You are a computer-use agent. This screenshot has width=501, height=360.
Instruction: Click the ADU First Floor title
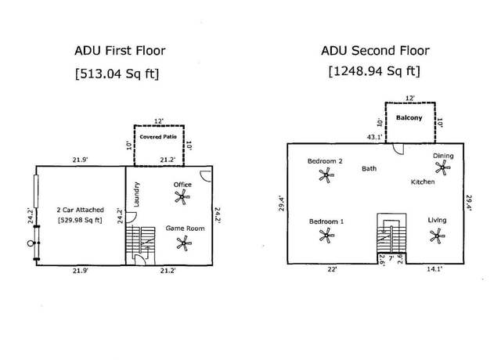[x=120, y=50]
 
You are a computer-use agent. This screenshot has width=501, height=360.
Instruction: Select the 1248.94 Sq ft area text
[x=374, y=70]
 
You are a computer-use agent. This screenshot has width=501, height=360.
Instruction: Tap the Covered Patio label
[x=158, y=137]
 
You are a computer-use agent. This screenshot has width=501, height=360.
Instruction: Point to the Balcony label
[x=409, y=117]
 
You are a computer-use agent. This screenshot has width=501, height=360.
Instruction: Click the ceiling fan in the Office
[x=182, y=196]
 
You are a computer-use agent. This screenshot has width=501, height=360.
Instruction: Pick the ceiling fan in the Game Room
[x=184, y=243]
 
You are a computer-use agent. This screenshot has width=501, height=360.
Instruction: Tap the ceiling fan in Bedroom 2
[x=326, y=175]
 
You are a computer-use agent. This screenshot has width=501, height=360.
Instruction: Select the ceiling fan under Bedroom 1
[x=326, y=236]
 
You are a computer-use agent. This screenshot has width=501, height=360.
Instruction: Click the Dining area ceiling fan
[x=442, y=167]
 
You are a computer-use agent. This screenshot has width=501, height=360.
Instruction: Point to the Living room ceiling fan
[x=437, y=236]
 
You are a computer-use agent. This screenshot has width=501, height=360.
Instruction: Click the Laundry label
[x=136, y=194]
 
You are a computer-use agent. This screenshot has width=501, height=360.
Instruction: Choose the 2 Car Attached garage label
[x=80, y=210]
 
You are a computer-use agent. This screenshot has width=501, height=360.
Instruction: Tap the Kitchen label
[x=423, y=182]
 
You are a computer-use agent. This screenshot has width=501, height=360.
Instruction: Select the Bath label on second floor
[x=369, y=169]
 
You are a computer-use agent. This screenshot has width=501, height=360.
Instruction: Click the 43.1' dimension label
[x=374, y=137]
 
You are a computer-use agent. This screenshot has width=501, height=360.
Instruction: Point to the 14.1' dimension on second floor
[x=434, y=269]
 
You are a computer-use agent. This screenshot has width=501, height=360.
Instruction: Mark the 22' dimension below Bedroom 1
[x=332, y=269]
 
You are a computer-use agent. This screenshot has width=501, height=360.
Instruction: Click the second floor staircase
[x=391, y=233]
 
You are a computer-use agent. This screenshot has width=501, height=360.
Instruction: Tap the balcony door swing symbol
[x=398, y=149]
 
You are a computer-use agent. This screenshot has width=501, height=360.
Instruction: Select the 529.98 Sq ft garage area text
[x=80, y=220]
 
